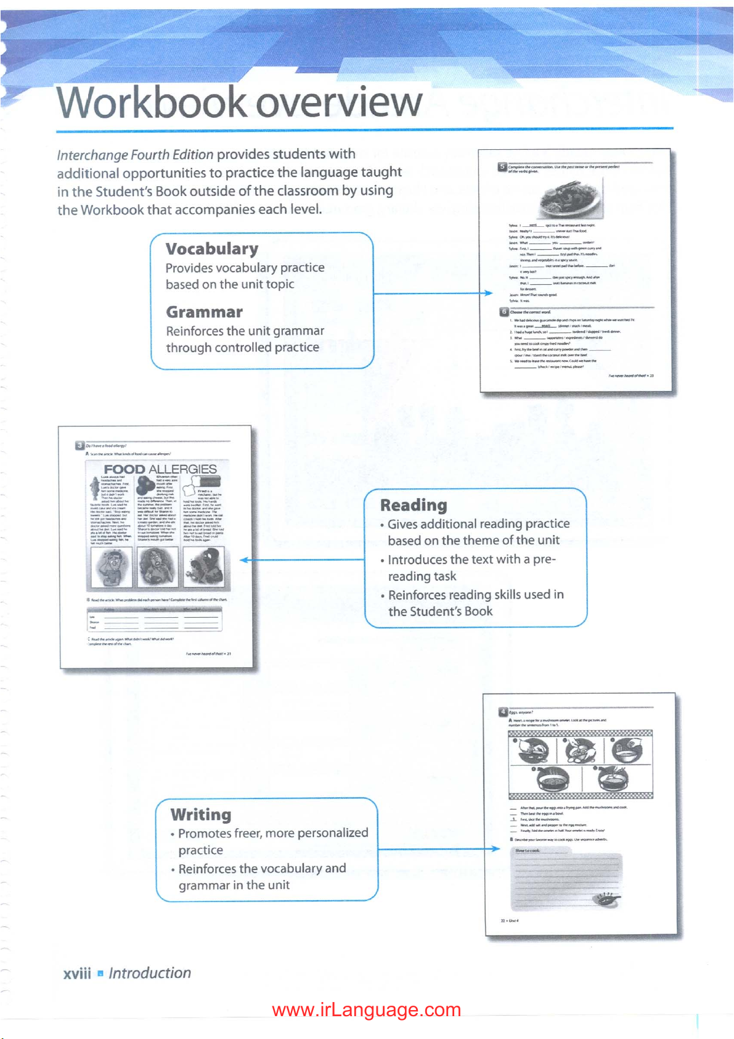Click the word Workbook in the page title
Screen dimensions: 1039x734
[x=152, y=102]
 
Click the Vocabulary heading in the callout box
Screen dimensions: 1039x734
[x=212, y=249]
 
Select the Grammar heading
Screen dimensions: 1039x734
[x=205, y=312]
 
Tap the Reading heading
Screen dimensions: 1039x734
[x=414, y=505]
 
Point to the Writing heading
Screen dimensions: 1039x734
[x=201, y=815]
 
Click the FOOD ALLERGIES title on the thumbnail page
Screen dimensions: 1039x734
[x=160, y=469]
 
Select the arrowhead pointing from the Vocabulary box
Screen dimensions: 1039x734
[x=489, y=293]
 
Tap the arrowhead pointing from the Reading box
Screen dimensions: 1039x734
[x=244, y=560]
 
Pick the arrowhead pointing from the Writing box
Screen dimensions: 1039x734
[x=496, y=849]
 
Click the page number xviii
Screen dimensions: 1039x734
[x=76, y=973]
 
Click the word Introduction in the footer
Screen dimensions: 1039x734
[x=150, y=973]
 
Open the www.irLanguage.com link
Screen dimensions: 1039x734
[x=366, y=1010]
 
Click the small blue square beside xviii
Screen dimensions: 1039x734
[x=100, y=974]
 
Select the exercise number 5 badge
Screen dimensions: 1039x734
[x=502, y=166]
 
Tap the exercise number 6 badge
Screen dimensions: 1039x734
[x=503, y=312]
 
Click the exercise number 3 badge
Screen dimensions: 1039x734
[x=80, y=445]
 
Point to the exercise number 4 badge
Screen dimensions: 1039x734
[x=503, y=712]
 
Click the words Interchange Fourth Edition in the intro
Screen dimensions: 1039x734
[x=135, y=155]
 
